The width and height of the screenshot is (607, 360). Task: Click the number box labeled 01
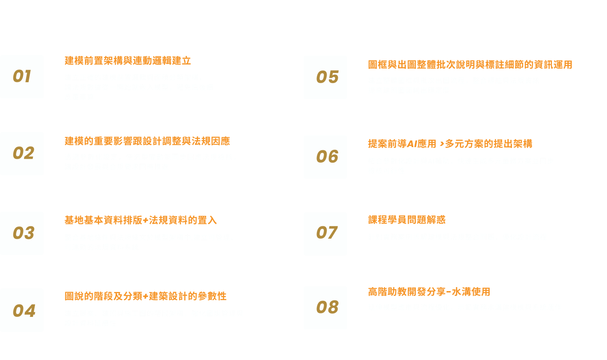22,76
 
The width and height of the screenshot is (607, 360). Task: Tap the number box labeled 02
22,153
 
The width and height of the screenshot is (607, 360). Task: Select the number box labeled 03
22,233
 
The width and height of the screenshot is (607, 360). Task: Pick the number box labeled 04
22,310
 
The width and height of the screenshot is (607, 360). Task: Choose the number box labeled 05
325,77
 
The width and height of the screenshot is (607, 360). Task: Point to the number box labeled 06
325,157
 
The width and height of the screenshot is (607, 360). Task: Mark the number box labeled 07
325,233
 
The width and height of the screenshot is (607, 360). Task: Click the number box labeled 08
325,308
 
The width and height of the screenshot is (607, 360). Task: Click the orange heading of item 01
128,61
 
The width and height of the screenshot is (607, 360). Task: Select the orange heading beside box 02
147,141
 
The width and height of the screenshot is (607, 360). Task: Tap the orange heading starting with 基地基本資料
140,220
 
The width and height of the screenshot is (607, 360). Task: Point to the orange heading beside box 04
145,296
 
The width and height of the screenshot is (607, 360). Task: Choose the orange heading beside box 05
470,65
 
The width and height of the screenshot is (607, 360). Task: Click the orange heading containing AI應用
450,144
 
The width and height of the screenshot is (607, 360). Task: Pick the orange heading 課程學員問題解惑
407,220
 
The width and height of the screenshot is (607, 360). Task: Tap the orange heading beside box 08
429,292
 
